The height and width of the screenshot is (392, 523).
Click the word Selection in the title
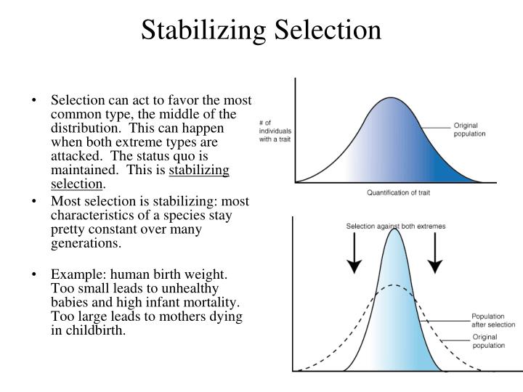click(328, 30)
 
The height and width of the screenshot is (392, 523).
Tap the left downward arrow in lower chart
click(354, 253)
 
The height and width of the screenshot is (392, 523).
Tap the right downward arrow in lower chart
click(435, 253)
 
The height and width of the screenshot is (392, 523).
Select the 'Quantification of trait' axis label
click(398, 192)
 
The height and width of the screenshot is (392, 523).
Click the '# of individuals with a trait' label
click(275, 131)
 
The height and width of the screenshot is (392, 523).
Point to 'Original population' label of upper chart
click(469, 130)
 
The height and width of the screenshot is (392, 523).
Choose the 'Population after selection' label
click(493, 320)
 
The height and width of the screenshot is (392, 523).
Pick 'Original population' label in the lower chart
click(488, 341)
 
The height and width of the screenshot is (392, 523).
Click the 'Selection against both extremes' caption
click(396, 226)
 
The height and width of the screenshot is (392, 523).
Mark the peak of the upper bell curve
click(391, 98)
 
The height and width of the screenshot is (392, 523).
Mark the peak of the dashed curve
click(394, 285)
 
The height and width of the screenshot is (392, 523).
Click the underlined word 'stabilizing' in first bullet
click(199, 171)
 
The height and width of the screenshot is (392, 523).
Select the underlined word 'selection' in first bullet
click(77, 184)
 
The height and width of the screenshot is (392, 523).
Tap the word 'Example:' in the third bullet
click(78, 274)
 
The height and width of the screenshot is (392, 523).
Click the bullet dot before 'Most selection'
click(33, 201)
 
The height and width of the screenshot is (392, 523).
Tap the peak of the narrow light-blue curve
click(394, 229)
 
